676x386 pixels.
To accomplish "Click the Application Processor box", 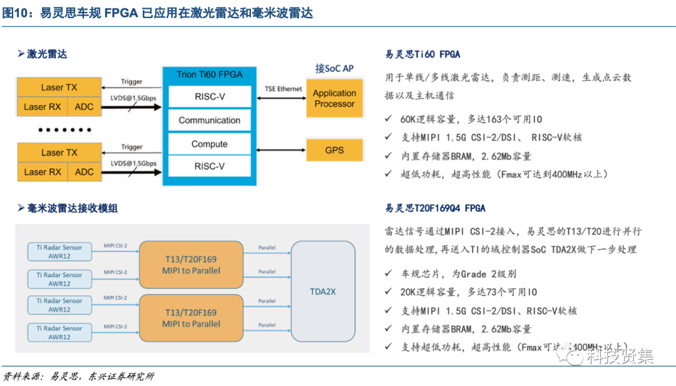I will click(x=334, y=98).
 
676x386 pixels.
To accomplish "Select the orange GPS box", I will click(x=334, y=150).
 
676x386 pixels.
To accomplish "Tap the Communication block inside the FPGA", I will click(x=209, y=120).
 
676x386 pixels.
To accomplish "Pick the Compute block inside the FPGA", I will click(x=209, y=144).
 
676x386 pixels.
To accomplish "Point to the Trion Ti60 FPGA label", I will click(x=209, y=74).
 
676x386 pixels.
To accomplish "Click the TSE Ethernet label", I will click(x=283, y=89).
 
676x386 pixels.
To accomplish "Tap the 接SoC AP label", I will click(x=334, y=68).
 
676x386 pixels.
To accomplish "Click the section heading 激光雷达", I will click(x=46, y=54).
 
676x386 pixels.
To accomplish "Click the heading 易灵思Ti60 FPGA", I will click(x=422, y=54).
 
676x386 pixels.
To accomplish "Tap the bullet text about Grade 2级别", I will click(x=458, y=274).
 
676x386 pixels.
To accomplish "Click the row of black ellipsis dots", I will click(x=64, y=130).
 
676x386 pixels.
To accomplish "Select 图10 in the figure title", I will click(x=16, y=13).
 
